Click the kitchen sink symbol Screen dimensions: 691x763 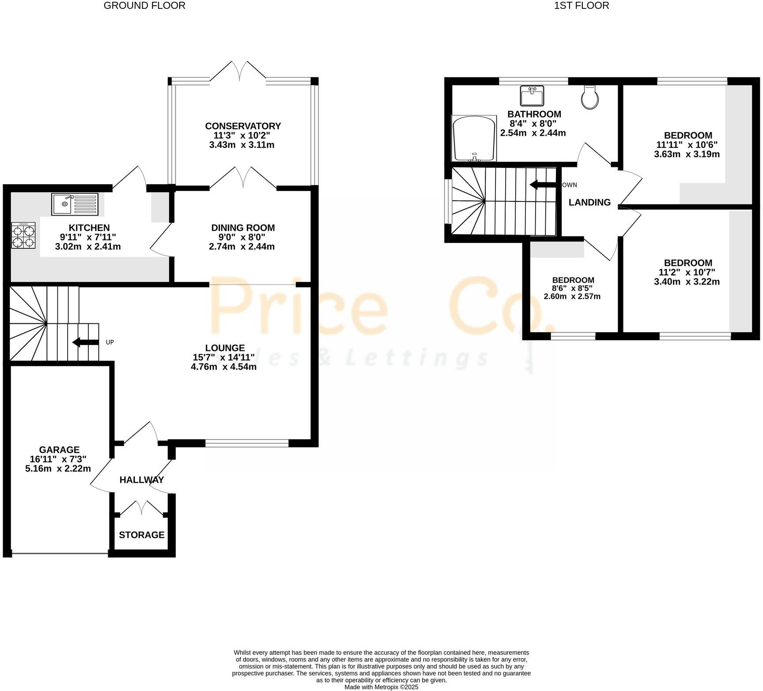tap(75, 204)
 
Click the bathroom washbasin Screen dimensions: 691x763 tap(532, 96)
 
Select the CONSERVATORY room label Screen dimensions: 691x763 tap(243, 126)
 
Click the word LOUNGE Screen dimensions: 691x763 tap(225, 348)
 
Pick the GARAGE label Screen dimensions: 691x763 tap(59, 450)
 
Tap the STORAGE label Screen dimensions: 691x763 tap(142, 535)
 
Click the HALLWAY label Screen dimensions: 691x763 tap(142, 479)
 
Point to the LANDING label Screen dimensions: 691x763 tap(589, 202)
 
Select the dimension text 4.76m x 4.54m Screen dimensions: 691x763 tap(223, 367)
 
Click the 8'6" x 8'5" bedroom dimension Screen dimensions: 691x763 tap(573, 288)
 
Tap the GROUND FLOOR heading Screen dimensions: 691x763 tap(144, 6)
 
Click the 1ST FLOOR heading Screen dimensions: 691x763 tap(582, 6)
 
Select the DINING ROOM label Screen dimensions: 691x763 tap(243, 228)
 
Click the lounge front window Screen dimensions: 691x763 tap(247, 443)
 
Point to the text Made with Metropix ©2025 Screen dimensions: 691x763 tap(381, 687)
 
